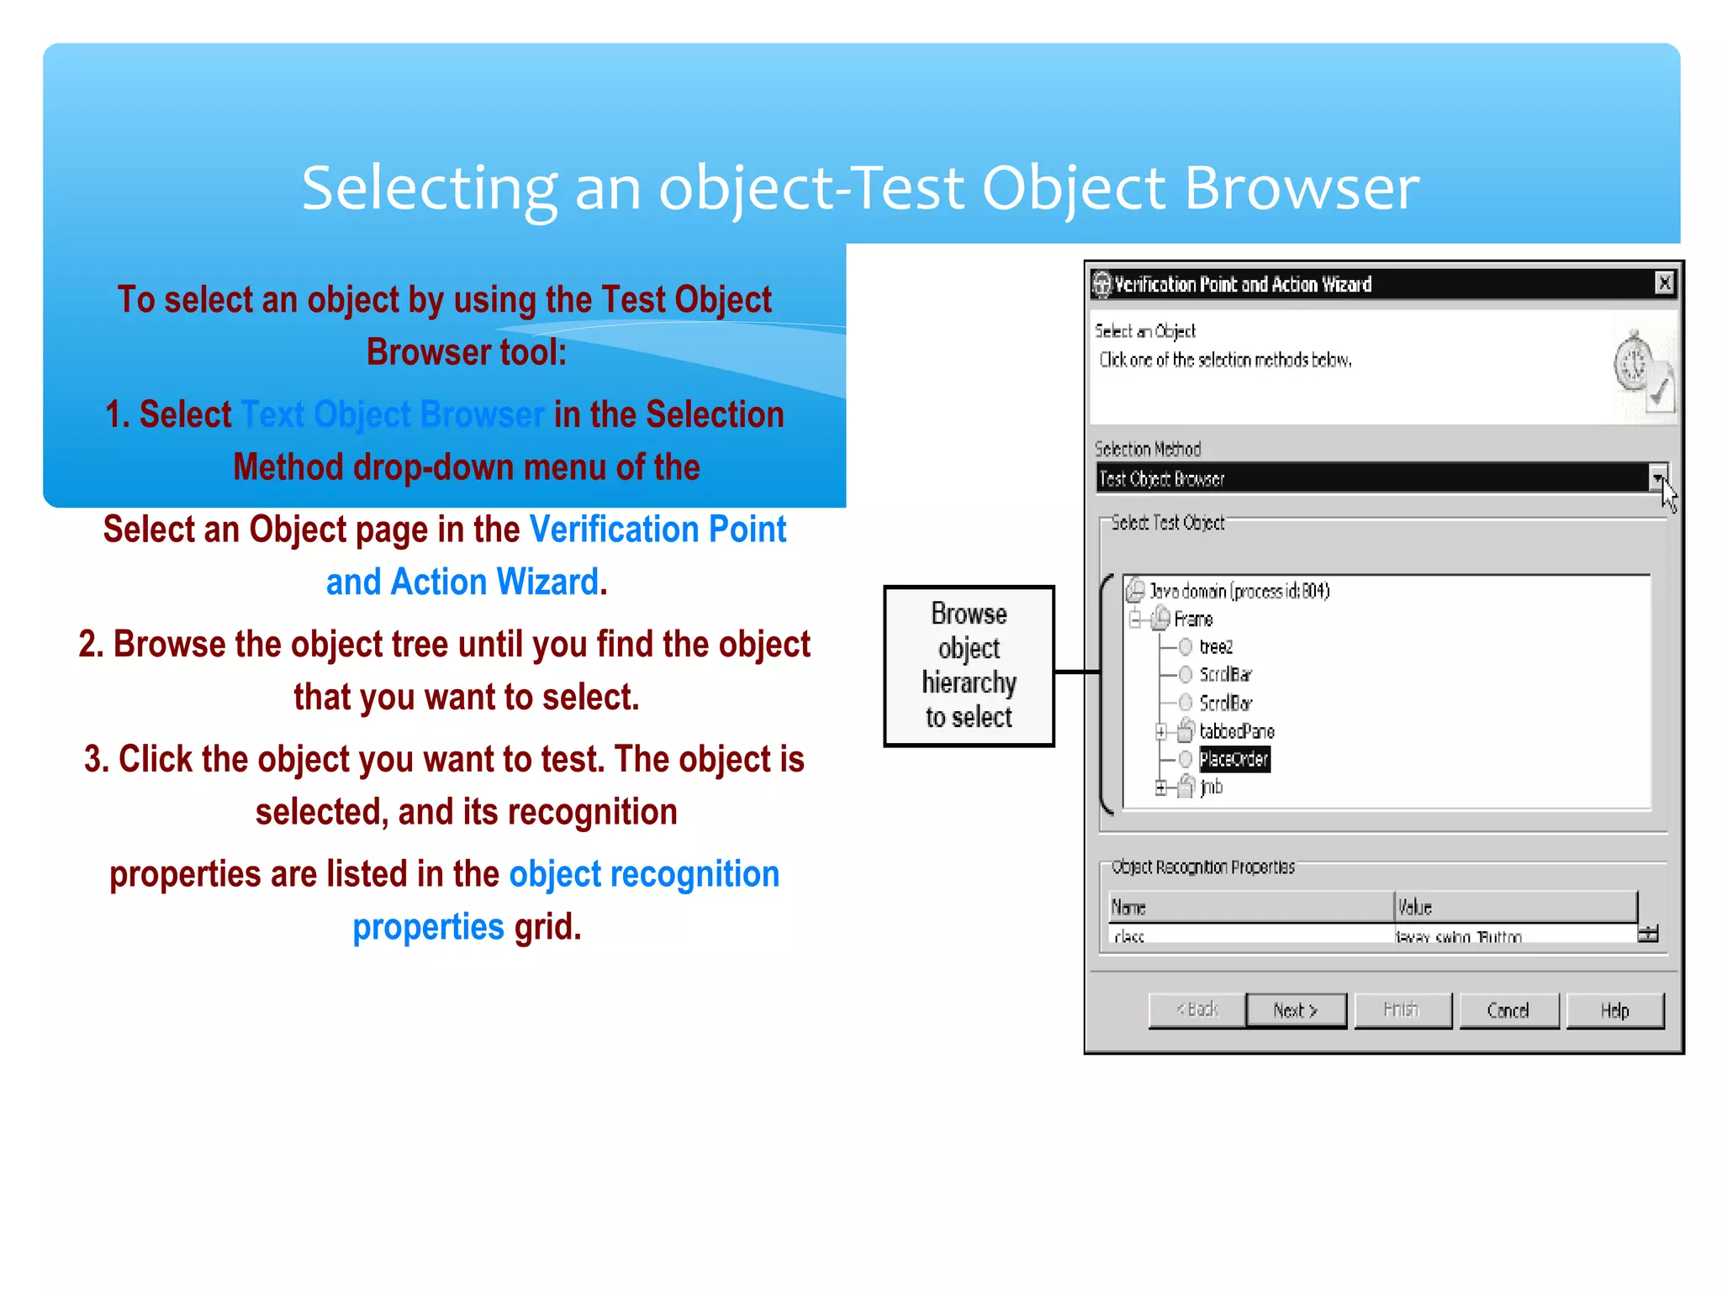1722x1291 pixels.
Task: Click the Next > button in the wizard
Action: (1295, 1010)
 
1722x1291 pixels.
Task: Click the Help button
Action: (1614, 1010)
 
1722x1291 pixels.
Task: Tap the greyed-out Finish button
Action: (1402, 1010)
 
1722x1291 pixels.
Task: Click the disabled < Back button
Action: (1196, 1010)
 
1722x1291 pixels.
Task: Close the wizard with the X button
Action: (1664, 283)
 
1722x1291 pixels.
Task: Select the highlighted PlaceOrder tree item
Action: (1233, 759)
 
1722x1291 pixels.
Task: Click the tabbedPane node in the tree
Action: (1236, 731)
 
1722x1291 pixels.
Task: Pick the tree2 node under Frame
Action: (1216, 646)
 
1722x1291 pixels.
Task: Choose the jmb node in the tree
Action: (1211, 788)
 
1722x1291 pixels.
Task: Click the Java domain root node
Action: (1239, 591)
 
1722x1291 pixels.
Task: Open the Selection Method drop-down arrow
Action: (1657, 478)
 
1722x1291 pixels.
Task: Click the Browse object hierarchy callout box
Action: (969, 666)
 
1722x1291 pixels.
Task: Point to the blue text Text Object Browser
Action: (393, 415)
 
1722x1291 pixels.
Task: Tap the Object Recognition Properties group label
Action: (1202, 867)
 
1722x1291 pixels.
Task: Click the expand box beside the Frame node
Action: (1135, 620)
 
